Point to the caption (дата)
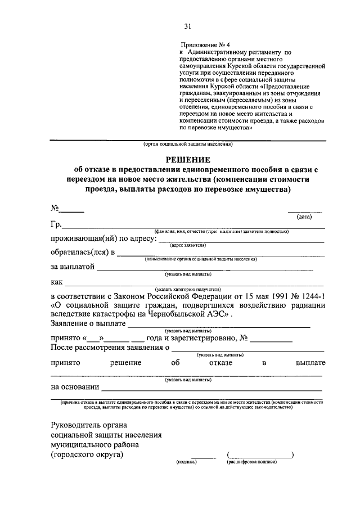tap(304, 216)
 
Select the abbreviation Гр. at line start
tap(56, 225)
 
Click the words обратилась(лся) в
tap(82, 253)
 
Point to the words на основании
tap(75, 387)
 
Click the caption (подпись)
tap(186, 462)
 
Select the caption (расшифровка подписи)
tap(253, 462)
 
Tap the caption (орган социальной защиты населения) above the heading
tap(188, 144)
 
